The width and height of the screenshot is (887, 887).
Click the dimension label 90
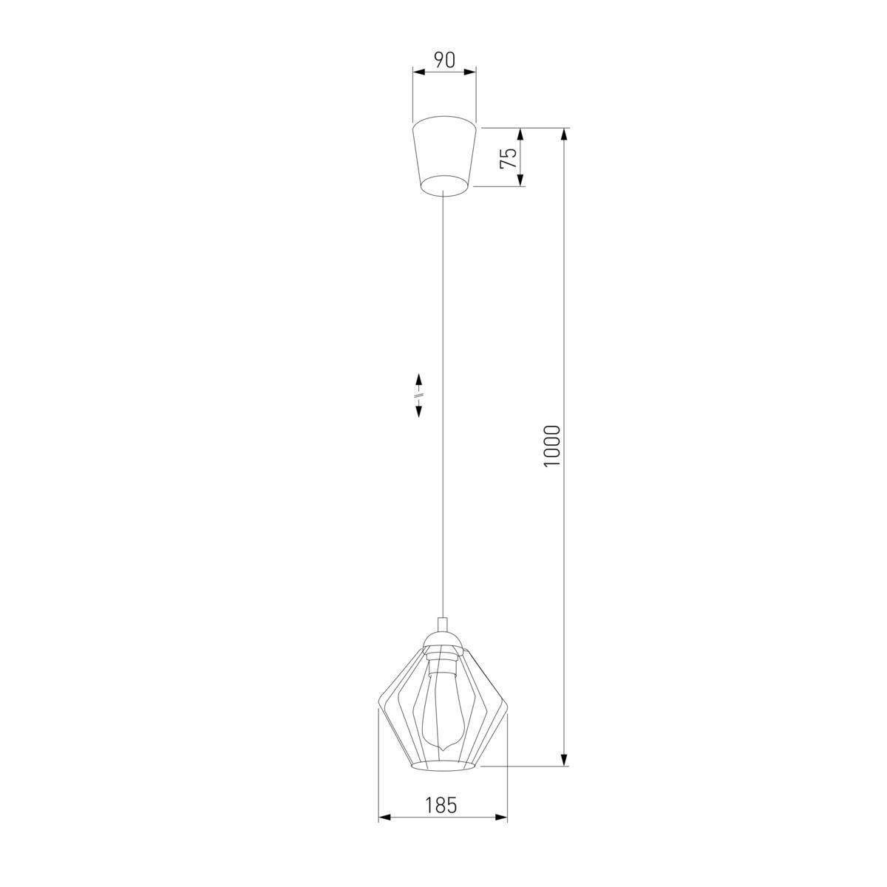(445, 61)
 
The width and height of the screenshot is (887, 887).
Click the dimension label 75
(509, 158)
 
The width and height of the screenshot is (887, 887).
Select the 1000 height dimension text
(551, 446)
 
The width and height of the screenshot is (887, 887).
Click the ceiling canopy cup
(443, 157)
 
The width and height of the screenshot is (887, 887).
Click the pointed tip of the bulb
(442, 764)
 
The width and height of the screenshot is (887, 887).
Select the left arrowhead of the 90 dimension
(418, 72)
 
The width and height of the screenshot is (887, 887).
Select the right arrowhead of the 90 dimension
(470, 72)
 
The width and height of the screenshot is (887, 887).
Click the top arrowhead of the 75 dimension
(520, 134)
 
